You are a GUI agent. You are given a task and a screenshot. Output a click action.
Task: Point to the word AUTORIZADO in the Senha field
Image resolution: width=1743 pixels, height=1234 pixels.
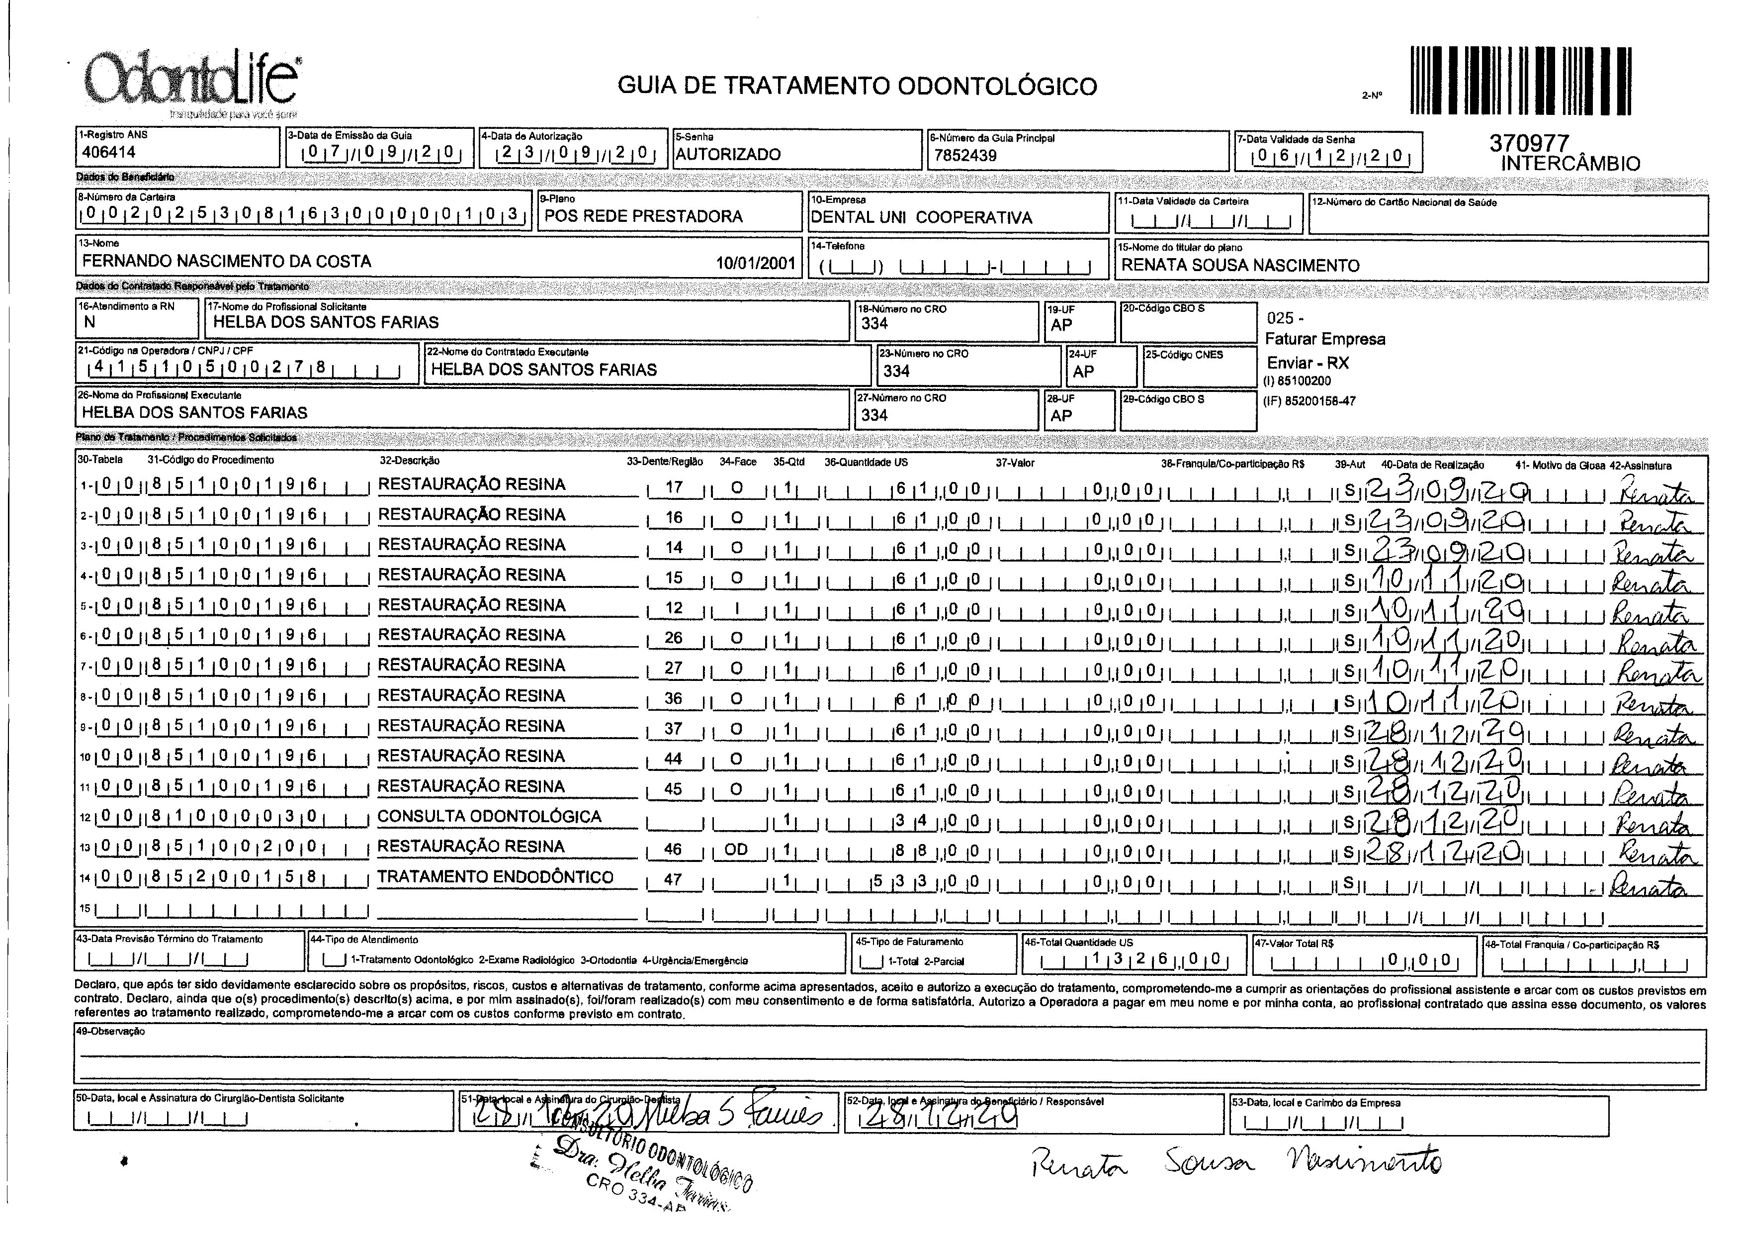click(728, 154)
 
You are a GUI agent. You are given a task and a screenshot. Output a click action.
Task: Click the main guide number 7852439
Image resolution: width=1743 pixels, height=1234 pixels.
click(965, 156)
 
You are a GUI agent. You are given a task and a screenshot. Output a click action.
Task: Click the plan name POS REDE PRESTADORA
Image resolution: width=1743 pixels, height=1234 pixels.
click(643, 216)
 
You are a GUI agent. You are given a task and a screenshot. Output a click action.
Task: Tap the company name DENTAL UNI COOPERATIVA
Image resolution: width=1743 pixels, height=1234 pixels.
click(921, 217)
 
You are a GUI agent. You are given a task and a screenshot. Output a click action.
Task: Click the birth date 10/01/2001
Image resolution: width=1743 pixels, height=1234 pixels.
click(756, 263)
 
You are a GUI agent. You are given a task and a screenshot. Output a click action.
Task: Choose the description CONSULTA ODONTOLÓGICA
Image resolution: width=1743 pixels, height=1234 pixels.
click(489, 817)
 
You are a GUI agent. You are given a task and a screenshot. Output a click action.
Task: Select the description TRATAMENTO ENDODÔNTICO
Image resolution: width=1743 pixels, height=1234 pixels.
click(495, 877)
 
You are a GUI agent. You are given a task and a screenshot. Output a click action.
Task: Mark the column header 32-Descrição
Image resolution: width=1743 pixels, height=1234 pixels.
click(409, 461)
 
